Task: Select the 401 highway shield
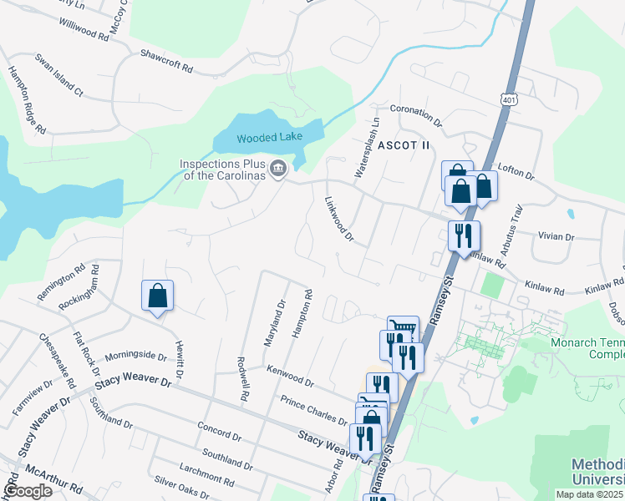[510, 100]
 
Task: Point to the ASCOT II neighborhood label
[404, 145]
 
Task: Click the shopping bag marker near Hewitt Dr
[157, 296]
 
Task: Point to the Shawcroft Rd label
[167, 61]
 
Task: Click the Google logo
[28, 491]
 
